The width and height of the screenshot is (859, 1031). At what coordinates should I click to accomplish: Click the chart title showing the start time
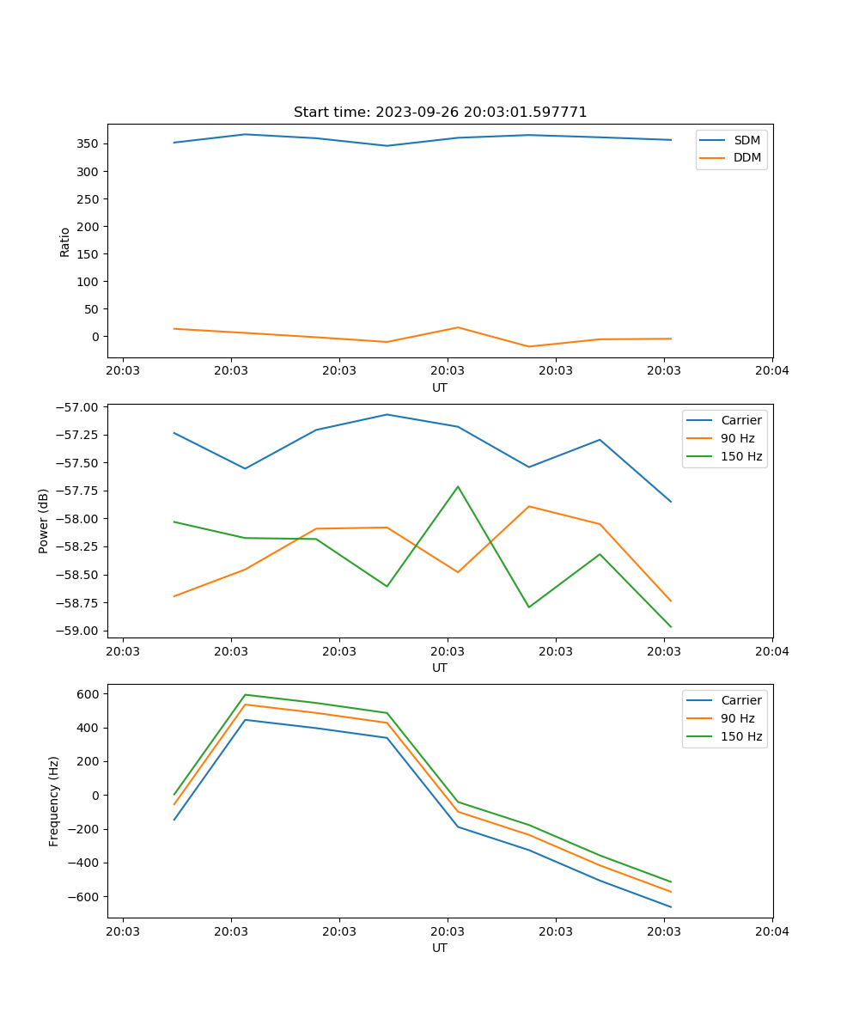(x=440, y=113)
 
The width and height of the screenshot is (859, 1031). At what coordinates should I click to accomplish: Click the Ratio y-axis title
(x=65, y=241)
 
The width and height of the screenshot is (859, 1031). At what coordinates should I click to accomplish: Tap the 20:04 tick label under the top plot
(x=771, y=371)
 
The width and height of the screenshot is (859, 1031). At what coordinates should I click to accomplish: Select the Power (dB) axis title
(x=44, y=521)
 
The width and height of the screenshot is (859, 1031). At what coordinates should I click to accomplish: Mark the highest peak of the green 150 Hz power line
(x=458, y=486)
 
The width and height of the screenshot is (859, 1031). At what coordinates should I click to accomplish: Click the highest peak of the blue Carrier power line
(x=387, y=414)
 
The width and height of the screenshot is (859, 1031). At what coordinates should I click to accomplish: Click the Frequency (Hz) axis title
(x=54, y=801)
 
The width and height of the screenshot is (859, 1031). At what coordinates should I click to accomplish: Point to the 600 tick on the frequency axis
(x=89, y=693)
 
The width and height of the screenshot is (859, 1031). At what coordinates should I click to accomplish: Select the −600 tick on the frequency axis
(x=86, y=897)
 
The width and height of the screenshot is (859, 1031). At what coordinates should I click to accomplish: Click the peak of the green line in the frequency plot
(x=246, y=694)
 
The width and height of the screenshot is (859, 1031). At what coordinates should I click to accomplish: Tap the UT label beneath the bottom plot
(x=440, y=948)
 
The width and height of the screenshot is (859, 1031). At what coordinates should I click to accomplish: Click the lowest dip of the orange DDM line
(x=528, y=346)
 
